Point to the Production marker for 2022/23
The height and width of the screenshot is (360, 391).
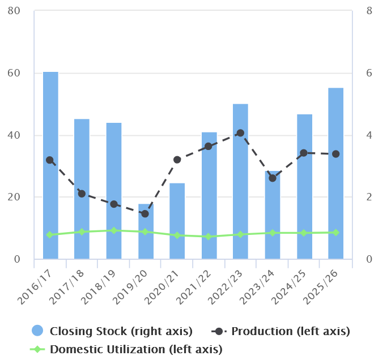pos(240,133)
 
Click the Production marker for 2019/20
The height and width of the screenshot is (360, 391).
pos(145,214)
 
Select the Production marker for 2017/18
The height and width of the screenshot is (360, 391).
pos(82,194)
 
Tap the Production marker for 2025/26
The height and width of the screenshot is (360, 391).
pos(335,154)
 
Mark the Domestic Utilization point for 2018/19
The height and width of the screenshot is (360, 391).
pos(113,230)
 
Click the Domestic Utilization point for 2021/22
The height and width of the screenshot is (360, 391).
pos(209,237)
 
